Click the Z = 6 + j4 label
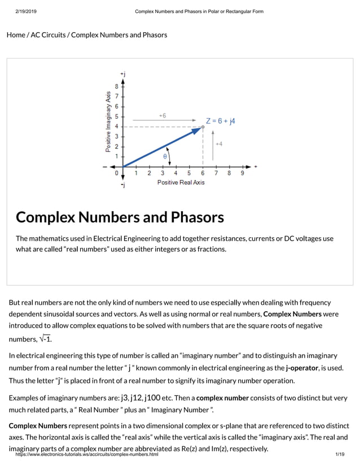tap(221, 121)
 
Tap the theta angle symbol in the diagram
tap(165, 156)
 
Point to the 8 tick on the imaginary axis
tap(117, 87)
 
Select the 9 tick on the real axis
tap(243, 173)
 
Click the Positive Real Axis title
tap(181, 182)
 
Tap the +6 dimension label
tap(162, 116)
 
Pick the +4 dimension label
tap(218, 144)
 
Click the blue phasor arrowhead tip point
tap(202, 127)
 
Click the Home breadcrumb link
tap(15, 35)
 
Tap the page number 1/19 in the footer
tap(339, 454)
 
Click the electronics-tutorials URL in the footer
tap(87, 454)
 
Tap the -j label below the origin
tap(122, 185)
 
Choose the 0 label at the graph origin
tap(117, 173)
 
